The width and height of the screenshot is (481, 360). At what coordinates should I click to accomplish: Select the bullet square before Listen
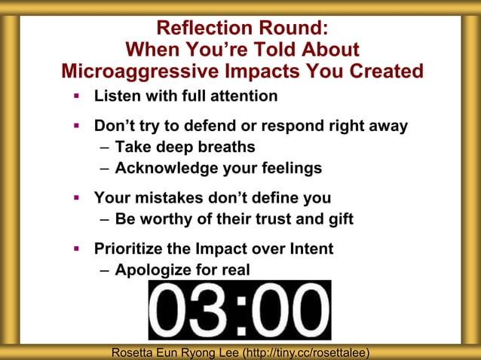click(76, 96)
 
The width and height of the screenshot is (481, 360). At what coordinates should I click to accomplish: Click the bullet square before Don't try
click(76, 126)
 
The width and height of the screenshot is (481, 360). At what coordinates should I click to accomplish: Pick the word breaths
click(226, 147)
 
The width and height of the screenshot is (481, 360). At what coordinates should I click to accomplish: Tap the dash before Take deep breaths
click(105, 148)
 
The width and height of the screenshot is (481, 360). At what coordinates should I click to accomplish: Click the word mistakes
click(169, 198)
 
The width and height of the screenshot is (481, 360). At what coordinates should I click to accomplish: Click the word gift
click(339, 219)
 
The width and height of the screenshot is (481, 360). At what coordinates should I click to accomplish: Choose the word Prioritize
click(132, 249)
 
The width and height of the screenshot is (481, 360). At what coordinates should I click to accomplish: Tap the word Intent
click(309, 249)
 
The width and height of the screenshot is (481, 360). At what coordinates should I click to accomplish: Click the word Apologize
click(155, 270)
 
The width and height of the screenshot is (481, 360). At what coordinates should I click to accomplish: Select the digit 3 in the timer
click(210, 310)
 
